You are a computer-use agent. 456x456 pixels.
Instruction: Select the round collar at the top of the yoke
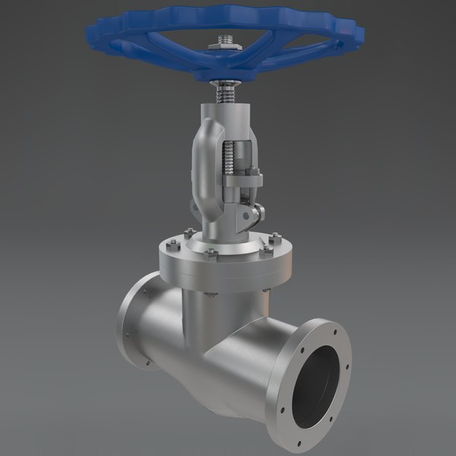tap(226, 110)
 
